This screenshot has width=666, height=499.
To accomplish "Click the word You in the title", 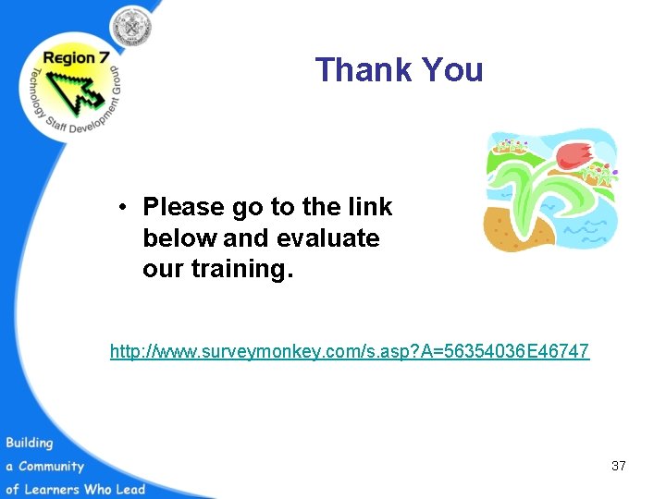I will (x=452, y=70).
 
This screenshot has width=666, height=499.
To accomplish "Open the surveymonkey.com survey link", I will (x=350, y=352).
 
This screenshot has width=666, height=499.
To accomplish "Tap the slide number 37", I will (x=618, y=466).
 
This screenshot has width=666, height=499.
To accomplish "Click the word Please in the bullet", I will (x=184, y=207).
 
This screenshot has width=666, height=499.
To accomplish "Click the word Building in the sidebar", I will (x=30, y=444).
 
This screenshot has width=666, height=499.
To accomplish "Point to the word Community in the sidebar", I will (x=52, y=467).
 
